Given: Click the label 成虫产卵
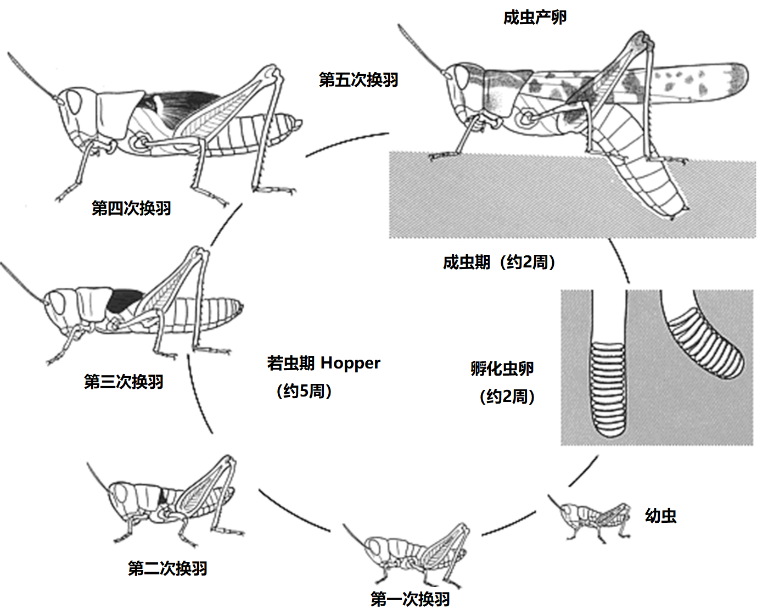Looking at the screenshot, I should (x=535, y=18).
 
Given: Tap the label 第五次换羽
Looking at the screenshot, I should (x=358, y=80).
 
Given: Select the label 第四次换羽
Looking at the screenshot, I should (x=131, y=208).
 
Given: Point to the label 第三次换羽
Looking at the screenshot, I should (x=124, y=382).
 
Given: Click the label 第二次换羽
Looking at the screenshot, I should (x=167, y=568).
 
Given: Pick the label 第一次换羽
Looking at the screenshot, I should (x=410, y=599).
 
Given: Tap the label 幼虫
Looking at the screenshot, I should (x=660, y=516).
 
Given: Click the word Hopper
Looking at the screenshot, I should (x=350, y=363).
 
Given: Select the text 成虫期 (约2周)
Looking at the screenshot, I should (x=499, y=262).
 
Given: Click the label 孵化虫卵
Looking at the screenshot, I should (x=502, y=368).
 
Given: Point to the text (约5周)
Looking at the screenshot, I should (x=304, y=391).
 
